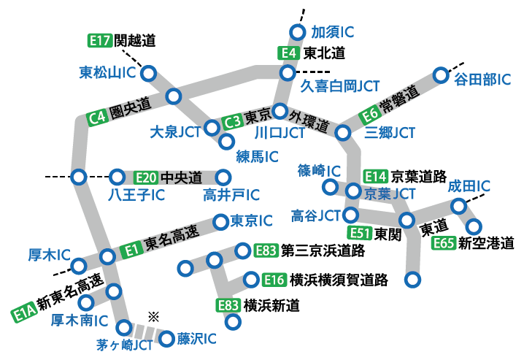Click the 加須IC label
[333, 32]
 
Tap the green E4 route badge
[289, 53]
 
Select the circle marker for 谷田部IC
[440, 75]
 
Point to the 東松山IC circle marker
[149, 73]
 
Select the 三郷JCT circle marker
[343, 132]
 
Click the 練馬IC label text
[256, 156]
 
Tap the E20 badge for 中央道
[146, 177]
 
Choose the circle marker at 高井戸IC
[223, 177]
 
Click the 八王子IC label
[136, 196]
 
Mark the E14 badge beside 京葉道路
[375, 176]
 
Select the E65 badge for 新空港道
[444, 243]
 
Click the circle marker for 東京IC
[220, 221]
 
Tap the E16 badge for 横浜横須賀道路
[274, 280]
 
